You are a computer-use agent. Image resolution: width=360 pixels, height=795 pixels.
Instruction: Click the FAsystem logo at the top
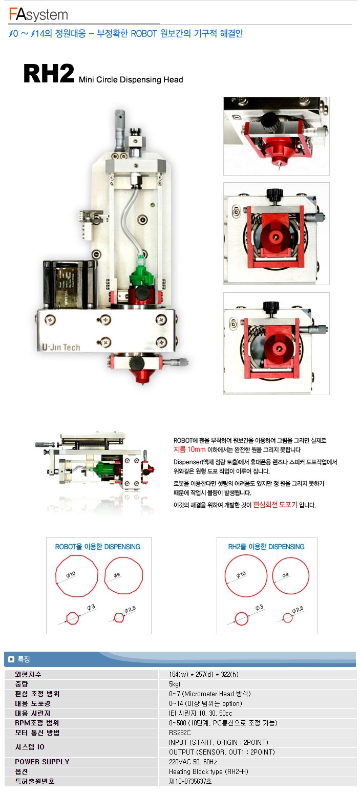(x=38, y=14)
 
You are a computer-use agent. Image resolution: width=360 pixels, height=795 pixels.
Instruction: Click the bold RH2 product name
(x=49, y=74)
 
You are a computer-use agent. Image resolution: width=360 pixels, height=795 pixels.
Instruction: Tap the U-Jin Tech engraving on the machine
(x=61, y=347)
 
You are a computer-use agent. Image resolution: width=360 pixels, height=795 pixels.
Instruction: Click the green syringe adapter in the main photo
(x=140, y=271)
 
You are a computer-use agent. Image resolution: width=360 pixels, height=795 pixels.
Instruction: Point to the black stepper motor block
(x=70, y=285)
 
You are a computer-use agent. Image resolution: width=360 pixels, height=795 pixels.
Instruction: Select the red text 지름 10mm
(x=189, y=449)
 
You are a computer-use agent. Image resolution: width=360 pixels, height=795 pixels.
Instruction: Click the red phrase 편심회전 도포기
(x=275, y=505)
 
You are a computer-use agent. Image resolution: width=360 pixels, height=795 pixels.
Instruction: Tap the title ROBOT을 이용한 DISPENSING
(x=98, y=547)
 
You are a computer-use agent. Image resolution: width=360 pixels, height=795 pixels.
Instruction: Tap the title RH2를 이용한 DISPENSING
(x=266, y=547)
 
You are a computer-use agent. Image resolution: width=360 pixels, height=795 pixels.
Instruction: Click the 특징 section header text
(x=24, y=659)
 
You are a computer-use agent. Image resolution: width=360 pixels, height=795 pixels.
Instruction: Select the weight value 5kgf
(x=175, y=684)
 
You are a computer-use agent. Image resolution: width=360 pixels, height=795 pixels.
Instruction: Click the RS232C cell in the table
(x=180, y=733)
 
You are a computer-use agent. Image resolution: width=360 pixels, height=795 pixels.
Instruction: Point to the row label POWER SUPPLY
(x=42, y=762)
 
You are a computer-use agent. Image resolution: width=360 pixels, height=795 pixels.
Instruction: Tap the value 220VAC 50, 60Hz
(x=193, y=762)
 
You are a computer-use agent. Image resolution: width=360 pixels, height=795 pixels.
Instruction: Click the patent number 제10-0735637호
(x=190, y=781)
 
